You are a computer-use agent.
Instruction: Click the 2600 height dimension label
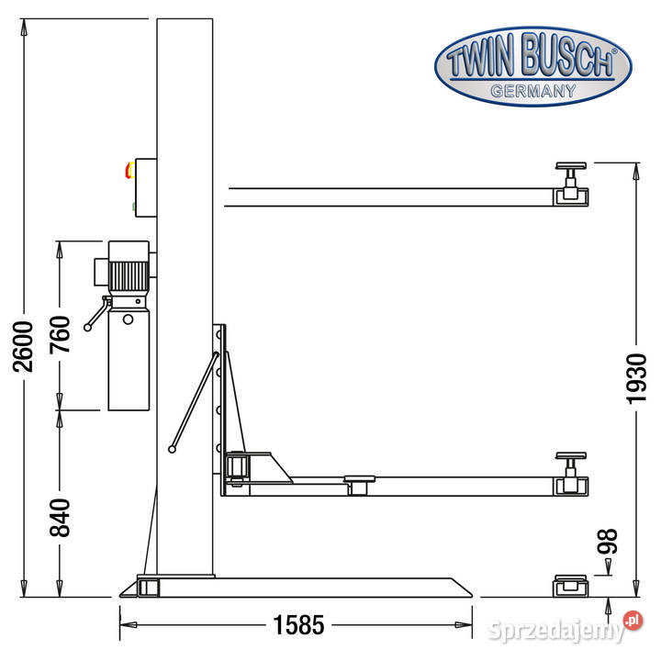(23, 346)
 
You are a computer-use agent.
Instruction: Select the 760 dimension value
(60, 335)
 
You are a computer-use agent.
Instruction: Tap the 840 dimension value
(60, 518)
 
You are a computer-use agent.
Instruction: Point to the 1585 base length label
(299, 624)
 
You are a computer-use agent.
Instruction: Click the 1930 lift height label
(636, 379)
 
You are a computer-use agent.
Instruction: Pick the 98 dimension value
(608, 541)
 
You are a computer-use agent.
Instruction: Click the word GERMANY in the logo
(533, 91)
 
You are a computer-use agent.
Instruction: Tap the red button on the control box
(129, 170)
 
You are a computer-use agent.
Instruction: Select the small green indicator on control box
(133, 207)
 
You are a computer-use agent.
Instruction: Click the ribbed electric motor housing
(129, 276)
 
